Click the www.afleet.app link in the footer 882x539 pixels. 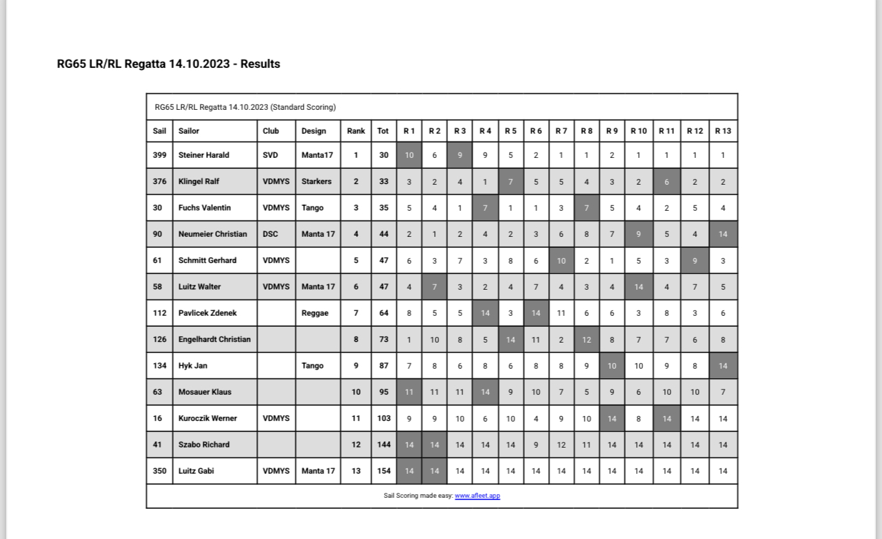(x=477, y=496)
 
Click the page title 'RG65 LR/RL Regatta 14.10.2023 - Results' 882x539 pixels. (x=168, y=64)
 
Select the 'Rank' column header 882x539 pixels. (x=356, y=130)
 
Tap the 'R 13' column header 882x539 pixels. (x=723, y=130)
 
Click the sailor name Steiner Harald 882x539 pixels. (x=203, y=155)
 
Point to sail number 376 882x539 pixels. (x=159, y=181)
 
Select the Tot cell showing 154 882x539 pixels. (x=383, y=471)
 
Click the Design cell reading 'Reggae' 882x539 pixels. (x=315, y=313)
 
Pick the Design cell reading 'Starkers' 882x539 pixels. (x=316, y=181)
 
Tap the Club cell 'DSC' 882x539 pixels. (x=270, y=234)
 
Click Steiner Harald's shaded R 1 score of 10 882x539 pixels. (x=409, y=155)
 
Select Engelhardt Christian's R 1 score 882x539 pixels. (x=409, y=339)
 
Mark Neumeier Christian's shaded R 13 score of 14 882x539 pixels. (x=723, y=234)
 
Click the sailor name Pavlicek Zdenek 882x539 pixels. (x=207, y=313)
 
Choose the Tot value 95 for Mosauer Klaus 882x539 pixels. (x=383, y=392)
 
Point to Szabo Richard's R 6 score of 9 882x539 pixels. (x=536, y=445)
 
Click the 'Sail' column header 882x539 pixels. (x=159, y=130)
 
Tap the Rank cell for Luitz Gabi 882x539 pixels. (x=356, y=471)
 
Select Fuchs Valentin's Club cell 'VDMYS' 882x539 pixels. (x=276, y=208)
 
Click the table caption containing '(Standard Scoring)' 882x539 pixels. (x=245, y=107)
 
